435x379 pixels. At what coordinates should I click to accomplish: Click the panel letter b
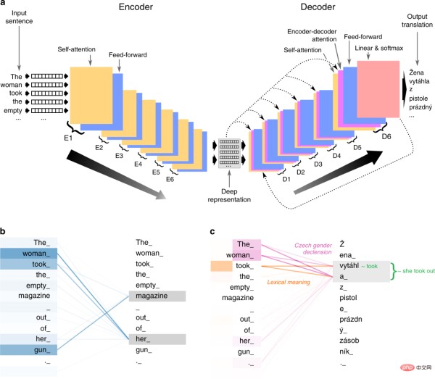tap(5, 232)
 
